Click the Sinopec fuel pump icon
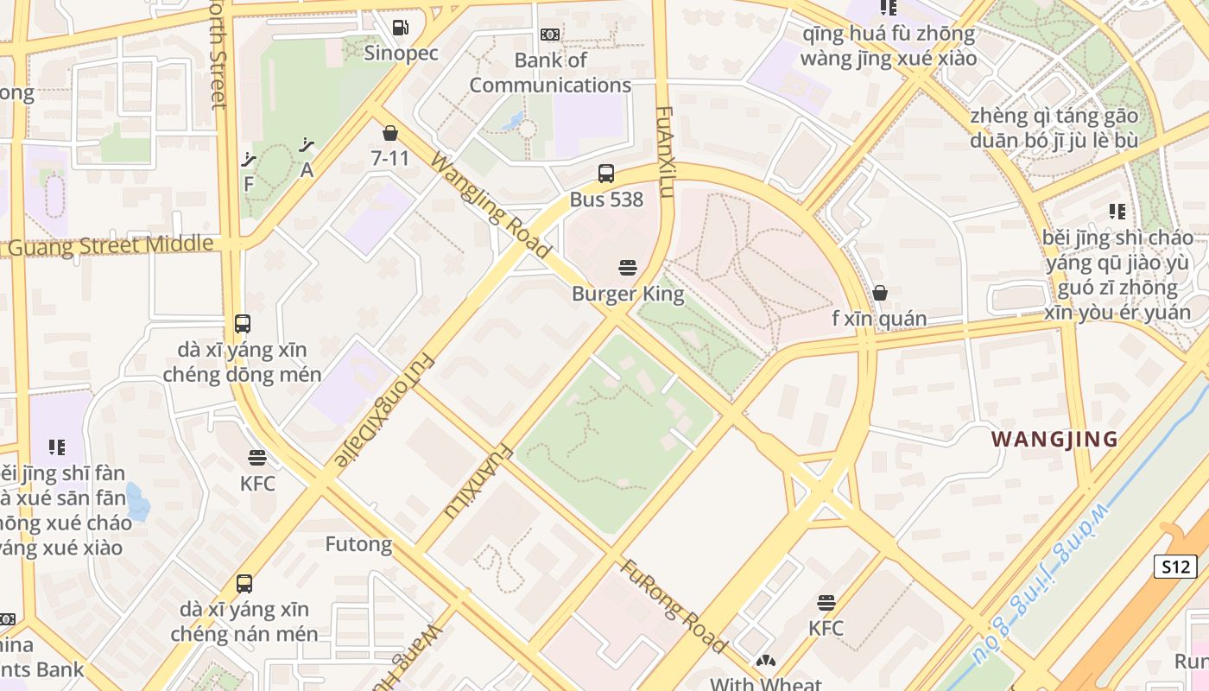tap(400, 28)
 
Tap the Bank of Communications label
tap(550, 73)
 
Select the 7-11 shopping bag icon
tap(390, 133)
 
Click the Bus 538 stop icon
tap(606, 174)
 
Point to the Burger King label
tap(628, 294)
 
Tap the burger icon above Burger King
tap(628, 268)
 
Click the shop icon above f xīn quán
tap(879, 293)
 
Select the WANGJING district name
tap(1054, 439)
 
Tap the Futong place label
tap(358, 544)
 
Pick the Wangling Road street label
tap(490, 206)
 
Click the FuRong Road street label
tap(674, 606)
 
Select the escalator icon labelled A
tap(307, 145)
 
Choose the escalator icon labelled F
tap(249, 159)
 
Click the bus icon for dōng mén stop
tap(243, 324)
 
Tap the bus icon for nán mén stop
tap(244, 584)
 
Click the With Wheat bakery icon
tap(765, 662)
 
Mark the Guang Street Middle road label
tap(108, 245)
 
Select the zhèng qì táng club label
tap(1053, 128)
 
